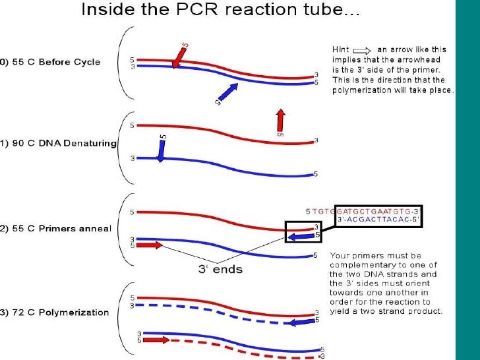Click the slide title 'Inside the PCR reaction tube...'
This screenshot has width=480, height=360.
pyautogui.click(x=220, y=9)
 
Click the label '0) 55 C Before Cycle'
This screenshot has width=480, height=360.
pyautogui.click(x=50, y=62)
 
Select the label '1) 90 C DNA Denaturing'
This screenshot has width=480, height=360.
pyautogui.click(x=58, y=143)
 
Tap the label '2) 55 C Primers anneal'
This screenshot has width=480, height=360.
pyautogui.click(x=55, y=229)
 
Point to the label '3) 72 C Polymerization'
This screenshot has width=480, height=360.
pyautogui.click(x=55, y=313)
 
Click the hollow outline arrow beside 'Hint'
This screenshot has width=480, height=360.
pyautogui.click(x=362, y=51)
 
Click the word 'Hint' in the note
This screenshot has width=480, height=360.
pyautogui.click(x=340, y=49)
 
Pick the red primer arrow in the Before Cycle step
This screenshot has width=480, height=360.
pyautogui.click(x=179, y=57)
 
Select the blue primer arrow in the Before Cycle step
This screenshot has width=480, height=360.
pyautogui.click(x=228, y=92)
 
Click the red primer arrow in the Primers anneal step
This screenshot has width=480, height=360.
pyautogui.click(x=150, y=245)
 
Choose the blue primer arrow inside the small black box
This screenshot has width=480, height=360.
pyautogui.click(x=301, y=236)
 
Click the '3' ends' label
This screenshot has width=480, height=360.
pyautogui.click(x=220, y=270)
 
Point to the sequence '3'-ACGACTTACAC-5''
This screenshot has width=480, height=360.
pyautogui.click(x=378, y=219)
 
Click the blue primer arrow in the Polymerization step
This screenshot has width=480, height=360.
pyautogui.click(x=302, y=322)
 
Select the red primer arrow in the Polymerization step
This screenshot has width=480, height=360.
pyautogui.click(x=156, y=340)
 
